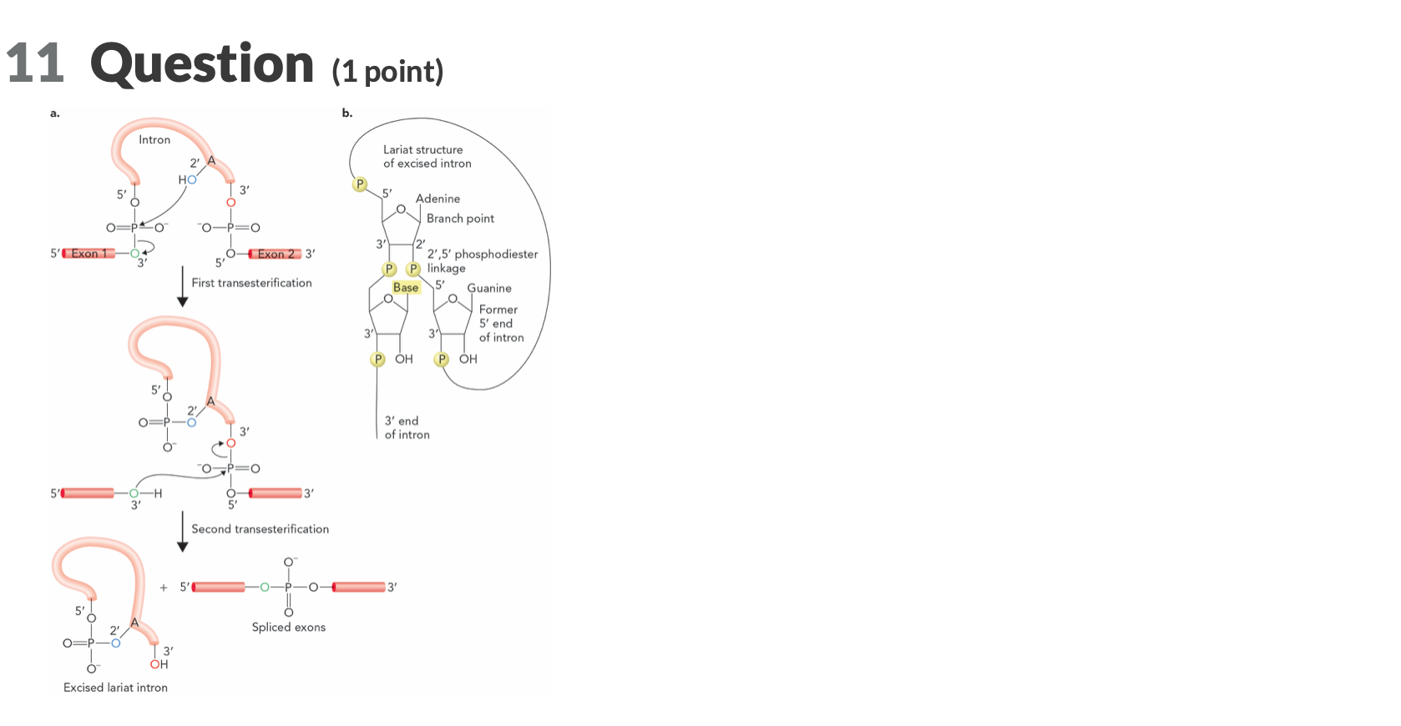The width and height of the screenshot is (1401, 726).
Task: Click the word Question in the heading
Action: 201,64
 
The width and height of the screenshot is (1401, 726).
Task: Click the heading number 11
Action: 34,64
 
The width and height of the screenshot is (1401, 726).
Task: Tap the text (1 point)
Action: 387,72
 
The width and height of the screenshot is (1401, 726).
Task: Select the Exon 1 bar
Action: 88,254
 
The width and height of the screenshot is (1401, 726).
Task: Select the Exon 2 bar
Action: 275,254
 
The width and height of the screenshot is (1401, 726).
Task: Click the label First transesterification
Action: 251,283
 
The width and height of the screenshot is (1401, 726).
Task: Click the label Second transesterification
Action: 260,529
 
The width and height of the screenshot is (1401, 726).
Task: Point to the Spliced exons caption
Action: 288,628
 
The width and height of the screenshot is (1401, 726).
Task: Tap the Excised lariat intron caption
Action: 115,688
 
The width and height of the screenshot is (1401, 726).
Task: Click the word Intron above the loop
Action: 154,140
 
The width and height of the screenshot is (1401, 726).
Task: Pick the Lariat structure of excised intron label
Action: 427,157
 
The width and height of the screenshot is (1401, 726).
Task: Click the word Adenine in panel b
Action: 437,199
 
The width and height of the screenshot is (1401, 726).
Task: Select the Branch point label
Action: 460,219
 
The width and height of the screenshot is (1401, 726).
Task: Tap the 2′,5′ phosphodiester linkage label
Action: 482,260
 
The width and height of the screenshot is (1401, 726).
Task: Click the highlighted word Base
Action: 406,288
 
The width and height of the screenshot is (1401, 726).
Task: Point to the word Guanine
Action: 489,288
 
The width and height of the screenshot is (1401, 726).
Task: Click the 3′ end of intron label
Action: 407,427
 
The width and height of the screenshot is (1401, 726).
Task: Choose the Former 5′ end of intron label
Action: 501,324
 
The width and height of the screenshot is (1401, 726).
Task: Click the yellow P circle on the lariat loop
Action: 360,184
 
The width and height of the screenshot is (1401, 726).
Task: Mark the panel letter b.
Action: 346,113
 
